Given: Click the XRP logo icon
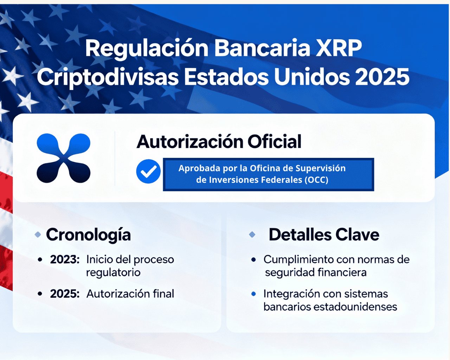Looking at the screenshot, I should pos(64,158).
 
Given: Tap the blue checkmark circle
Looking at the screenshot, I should pos(148,171).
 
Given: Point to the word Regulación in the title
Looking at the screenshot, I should pos(147,48).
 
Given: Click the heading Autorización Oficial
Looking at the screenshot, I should pos(219,142).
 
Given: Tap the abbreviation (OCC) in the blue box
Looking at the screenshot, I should pos(316,180).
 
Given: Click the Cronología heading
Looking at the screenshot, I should pos(88,235).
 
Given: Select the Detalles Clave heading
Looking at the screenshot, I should pos(324,235).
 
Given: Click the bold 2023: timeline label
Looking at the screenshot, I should pos(65,259).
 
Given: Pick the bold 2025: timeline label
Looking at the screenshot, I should pos(65,294).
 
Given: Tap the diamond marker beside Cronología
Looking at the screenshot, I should pos(38,234).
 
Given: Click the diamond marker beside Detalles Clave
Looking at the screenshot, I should pos(252,234).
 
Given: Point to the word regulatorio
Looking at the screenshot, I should pos(113,272).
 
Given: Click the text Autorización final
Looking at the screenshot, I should pos(130,294).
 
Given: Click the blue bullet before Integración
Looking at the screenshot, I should pos(253,294).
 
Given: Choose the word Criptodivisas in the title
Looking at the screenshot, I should pos(108,77).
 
